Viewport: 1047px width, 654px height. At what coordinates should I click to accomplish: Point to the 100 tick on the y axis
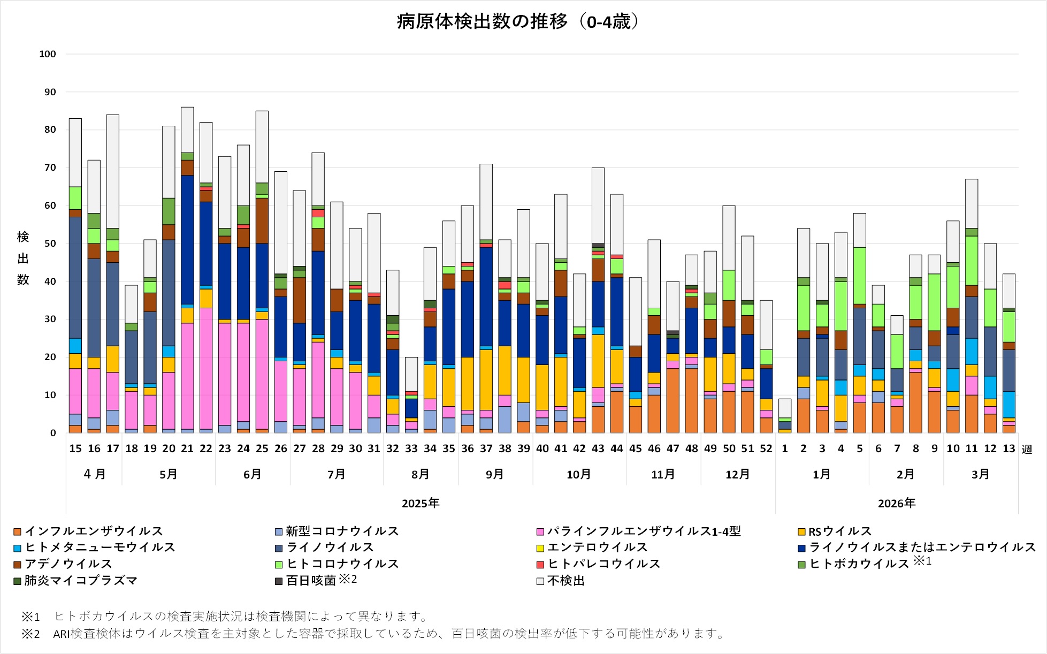[x=48, y=54]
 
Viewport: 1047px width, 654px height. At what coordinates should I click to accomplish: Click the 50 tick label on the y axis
[x=50, y=244]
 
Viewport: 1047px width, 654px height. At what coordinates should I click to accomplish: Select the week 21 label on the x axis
[x=187, y=448]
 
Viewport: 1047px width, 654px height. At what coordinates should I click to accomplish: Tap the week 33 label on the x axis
[x=411, y=448]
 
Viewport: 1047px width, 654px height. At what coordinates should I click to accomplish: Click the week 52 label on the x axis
[x=766, y=448]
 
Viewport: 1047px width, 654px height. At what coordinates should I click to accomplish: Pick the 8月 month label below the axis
[x=421, y=474]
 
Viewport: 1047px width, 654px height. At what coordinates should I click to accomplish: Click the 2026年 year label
[x=897, y=503]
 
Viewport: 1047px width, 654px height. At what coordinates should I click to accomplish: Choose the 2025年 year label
[x=421, y=503]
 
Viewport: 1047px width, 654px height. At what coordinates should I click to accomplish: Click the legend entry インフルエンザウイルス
[x=93, y=531]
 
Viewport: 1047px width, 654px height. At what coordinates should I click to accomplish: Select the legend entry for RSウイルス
[x=839, y=531]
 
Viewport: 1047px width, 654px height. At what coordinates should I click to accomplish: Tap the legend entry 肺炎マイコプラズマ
[x=81, y=581]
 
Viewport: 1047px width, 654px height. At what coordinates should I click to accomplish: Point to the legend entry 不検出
[x=565, y=581]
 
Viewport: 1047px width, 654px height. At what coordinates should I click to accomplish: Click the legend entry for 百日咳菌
[x=311, y=581]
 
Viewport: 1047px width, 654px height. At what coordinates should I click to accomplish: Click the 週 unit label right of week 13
[x=1027, y=449]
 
